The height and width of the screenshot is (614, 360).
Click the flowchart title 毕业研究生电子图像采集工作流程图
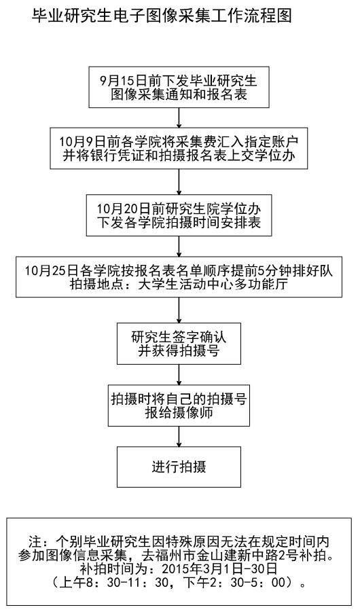(x=162, y=16)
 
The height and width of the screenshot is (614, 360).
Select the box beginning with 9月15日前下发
(x=179, y=88)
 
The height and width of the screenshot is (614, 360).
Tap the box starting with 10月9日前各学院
(x=179, y=148)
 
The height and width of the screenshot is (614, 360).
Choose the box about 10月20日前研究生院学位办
(x=179, y=215)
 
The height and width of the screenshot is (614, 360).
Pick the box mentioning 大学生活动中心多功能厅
(x=179, y=277)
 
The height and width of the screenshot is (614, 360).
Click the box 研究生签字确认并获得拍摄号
(x=179, y=344)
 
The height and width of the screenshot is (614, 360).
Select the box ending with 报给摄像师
(x=179, y=405)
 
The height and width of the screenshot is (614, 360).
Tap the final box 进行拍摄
(x=179, y=467)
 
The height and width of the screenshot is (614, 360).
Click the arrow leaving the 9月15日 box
(x=179, y=118)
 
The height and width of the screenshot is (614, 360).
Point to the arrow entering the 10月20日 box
(x=179, y=182)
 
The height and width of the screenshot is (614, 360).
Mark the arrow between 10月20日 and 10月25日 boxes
(x=179, y=247)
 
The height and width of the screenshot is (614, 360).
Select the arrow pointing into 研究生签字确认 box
(x=179, y=310)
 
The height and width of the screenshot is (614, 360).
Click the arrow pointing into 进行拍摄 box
(x=179, y=436)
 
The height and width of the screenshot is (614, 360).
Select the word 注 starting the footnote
(x=35, y=541)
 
